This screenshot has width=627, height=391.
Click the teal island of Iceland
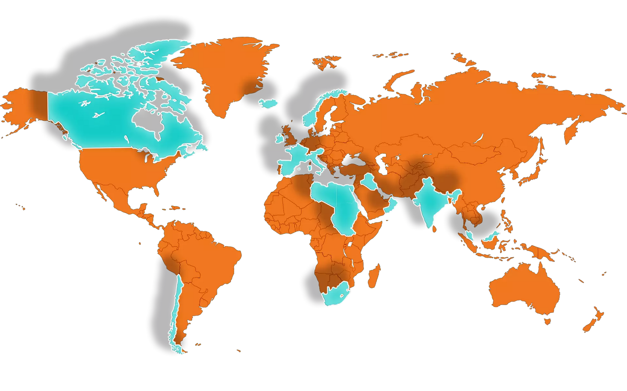coord(268,103)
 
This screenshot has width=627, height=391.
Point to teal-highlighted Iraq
coord(369,182)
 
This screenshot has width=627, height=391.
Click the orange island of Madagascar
coord(374,277)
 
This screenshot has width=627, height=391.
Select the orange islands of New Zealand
coord(592,320)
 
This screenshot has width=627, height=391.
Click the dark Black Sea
coord(352,160)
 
